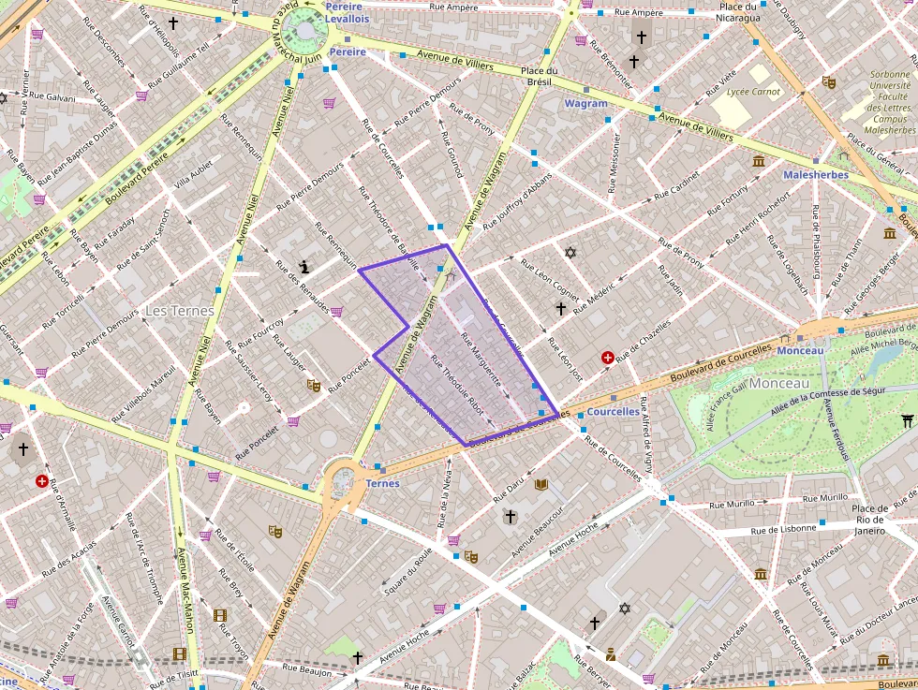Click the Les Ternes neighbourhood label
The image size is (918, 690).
point(179,310)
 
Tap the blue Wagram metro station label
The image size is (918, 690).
point(585,104)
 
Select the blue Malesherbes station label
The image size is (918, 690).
point(816,174)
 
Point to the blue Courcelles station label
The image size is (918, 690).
point(613,411)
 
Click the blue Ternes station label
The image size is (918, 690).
point(382,483)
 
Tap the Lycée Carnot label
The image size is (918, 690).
point(754,92)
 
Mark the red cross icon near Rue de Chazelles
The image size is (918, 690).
point(607,358)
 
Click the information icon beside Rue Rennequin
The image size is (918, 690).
point(305,267)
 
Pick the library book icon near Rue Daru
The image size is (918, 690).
point(540,484)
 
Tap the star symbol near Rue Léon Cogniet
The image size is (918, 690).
point(570,252)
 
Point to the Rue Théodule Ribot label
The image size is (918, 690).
point(456,384)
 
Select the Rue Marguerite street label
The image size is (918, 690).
point(481,360)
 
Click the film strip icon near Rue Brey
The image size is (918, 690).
point(220,615)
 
